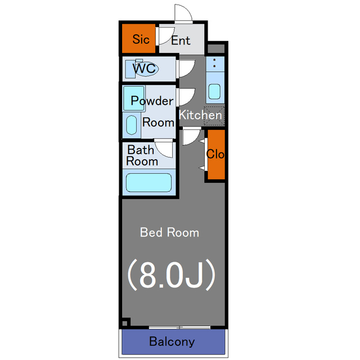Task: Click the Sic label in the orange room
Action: pos(141,39)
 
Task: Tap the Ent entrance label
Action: pos(181,40)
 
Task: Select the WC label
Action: pos(144,68)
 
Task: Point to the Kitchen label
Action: pos(200,115)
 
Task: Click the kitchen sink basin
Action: pos(215,91)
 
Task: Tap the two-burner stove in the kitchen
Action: pos(215,64)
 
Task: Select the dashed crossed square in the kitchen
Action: pos(214,116)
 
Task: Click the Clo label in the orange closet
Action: pos(215,154)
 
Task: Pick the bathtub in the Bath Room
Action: pos(148,182)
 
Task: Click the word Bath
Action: pos(141,150)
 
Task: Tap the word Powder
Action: pos(152,101)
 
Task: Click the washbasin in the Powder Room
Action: pos(132,125)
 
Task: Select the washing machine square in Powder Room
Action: pos(134,98)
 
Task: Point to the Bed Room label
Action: pos(169,232)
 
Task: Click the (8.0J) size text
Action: pos(171,275)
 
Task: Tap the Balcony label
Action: pos(172,341)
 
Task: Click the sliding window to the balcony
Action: pos(179,327)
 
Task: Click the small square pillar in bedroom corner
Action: pos(125,323)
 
